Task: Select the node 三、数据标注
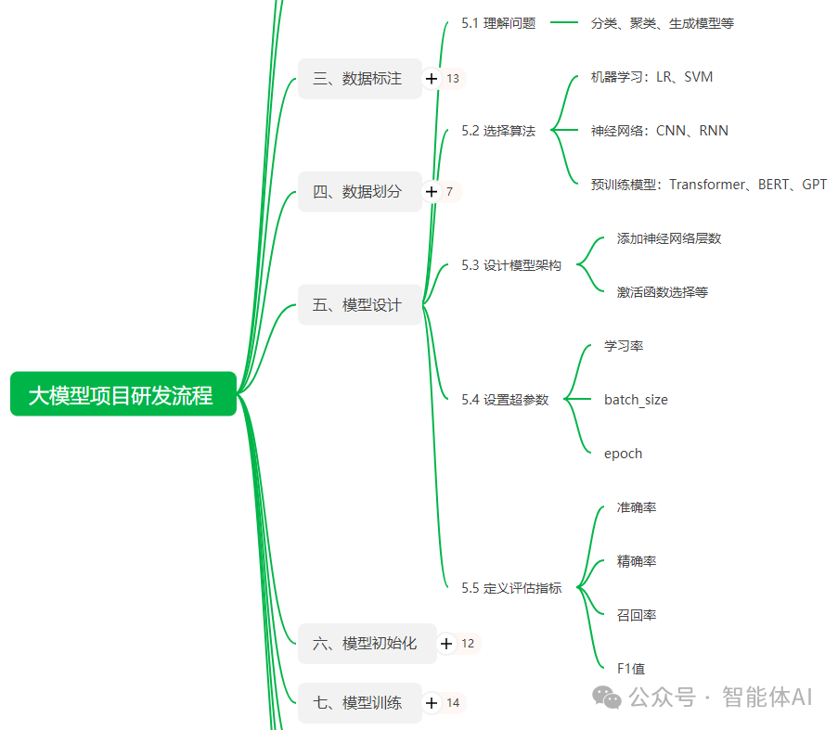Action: click(x=358, y=79)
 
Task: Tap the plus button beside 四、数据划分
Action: click(x=431, y=192)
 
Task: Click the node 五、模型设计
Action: click(x=358, y=305)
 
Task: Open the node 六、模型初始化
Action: click(x=366, y=643)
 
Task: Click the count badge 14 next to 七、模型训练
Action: click(x=453, y=703)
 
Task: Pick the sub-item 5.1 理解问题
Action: click(x=498, y=23)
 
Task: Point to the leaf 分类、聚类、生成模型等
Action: click(x=662, y=23)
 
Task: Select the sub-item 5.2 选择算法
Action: click(x=498, y=131)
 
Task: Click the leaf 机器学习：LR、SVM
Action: click(x=651, y=77)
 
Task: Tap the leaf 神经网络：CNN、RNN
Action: click(x=659, y=131)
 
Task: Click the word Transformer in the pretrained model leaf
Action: click(x=706, y=185)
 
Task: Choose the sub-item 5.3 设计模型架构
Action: click(x=511, y=265)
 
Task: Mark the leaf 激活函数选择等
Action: click(x=662, y=292)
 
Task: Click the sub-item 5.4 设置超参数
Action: click(x=505, y=400)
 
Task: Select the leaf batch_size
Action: click(x=636, y=400)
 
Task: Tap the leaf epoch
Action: click(x=623, y=454)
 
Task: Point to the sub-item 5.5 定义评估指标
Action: click(x=511, y=588)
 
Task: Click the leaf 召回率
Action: click(x=636, y=615)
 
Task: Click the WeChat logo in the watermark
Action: click(x=609, y=697)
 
